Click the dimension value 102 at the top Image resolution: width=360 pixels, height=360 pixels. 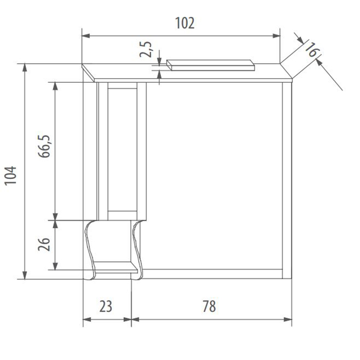pyautogui.click(x=185, y=23)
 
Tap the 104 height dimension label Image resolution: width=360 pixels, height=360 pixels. pyautogui.click(x=11, y=175)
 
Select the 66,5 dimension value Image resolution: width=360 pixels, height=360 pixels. pyautogui.click(x=44, y=146)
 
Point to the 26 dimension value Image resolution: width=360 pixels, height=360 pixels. pyautogui.click(x=44, y=244)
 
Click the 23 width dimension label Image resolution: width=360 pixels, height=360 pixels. pyautogui.click(x=106, y=307)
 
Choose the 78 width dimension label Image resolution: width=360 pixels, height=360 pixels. pyautogui.click(x=209, y=307)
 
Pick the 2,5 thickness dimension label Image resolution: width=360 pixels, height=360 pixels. pyautogui.click(x=146, y=49)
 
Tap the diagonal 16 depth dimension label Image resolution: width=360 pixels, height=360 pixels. pyautogui.click(x=312, y=50)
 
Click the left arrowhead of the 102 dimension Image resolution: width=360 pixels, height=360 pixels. pyautogui.click(x=86, y=36)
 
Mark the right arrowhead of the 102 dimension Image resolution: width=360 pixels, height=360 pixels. pyautogui.click(x=276, y=36)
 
